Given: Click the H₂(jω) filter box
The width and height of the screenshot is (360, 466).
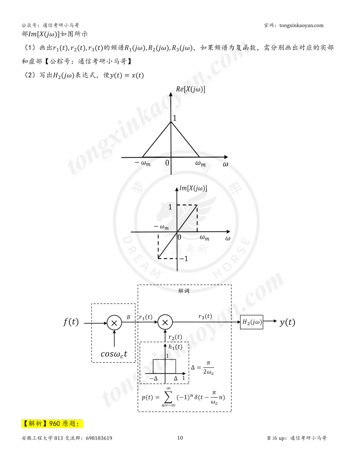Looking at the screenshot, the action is pyautogui.click(x=252, y=322).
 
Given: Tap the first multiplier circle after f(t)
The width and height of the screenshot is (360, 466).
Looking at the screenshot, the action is pyautogui.click(x=114, y=323).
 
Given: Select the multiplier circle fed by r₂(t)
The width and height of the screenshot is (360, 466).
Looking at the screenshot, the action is pyautogui.click(x=165, y=322).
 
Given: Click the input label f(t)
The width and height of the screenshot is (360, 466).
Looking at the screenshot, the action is pyautogui.click(x=71, y=322).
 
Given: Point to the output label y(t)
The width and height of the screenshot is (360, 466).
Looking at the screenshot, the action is pyautogui.click(x=287, y=322).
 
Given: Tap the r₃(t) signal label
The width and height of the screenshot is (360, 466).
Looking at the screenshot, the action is pyautogui.click(x=205, y=316).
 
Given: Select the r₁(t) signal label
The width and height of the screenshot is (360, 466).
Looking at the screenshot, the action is pyautogui.click(x=145, y=317).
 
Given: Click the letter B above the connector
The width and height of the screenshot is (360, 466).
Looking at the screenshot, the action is pyautogui.click(x=128, y=317).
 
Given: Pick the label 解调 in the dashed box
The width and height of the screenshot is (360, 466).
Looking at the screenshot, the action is pyautogui.click(x=184, y=291).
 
